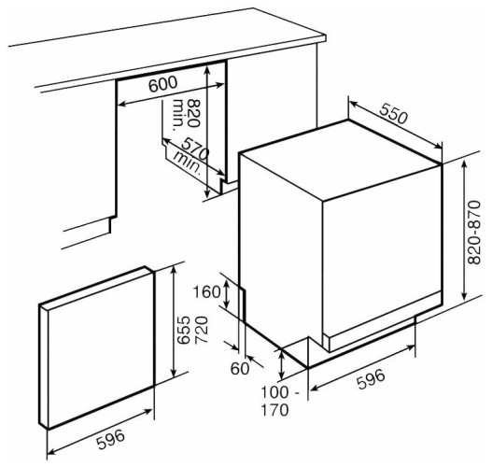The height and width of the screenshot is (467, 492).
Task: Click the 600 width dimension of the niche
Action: click(x=162, y=84)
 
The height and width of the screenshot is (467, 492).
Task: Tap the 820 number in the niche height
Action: click(x=193, y=113)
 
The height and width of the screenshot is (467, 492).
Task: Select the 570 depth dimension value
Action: click(x=195, y=149)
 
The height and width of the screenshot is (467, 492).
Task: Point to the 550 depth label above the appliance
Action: click(x=393, y=113)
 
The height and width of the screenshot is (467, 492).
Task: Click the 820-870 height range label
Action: click(x=474, y=233)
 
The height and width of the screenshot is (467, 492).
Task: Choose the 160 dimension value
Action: click(x=206, y=292)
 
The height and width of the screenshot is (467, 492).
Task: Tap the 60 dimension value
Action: click(x=239, y=368)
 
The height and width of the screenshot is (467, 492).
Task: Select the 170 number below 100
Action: click(x=275, y=410)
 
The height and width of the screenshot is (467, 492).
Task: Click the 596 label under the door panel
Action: click(x=110, y=439)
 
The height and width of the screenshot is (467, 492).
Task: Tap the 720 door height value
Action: click(x=202, y=330)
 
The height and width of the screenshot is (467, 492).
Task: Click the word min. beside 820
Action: click(x=178, y=115)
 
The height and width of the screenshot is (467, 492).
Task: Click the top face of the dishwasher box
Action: click(x=341, y=160)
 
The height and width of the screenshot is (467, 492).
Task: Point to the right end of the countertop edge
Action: click(x=326, y=38)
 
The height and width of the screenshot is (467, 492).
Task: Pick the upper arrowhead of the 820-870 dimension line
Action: click(x=464, y=163)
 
